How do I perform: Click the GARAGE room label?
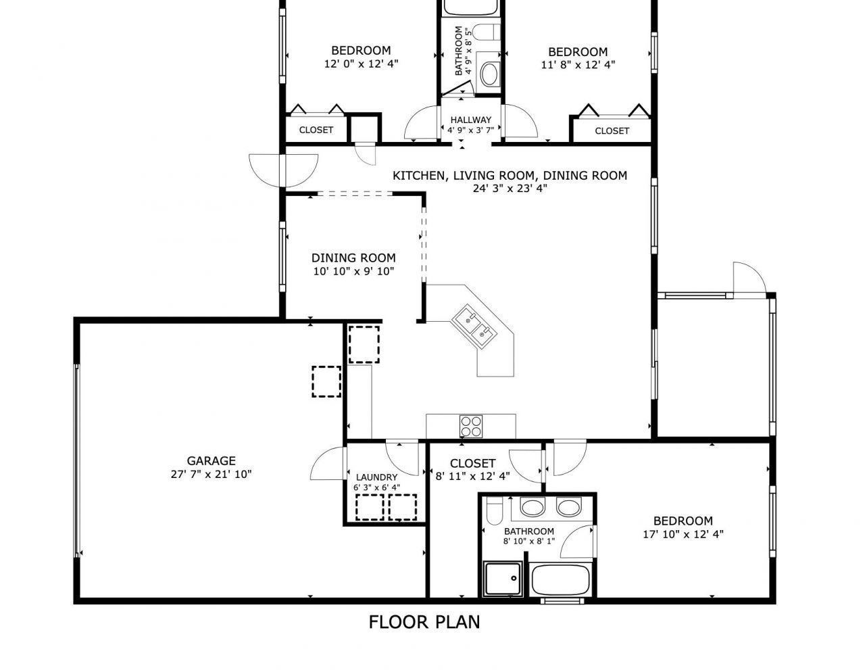point(212,461)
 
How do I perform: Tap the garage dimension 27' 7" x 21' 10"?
point(212,474)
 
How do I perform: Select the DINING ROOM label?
point(353,258)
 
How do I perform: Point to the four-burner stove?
point(471,425)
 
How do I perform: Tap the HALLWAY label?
point(470,120)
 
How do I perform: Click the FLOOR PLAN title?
point(424,621)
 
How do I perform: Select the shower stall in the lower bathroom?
point(503,579)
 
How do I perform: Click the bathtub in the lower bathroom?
point(561,581)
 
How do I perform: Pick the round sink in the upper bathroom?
point(489,74)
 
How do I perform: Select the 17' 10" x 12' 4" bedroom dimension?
point(683,534)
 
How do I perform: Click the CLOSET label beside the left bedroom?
point(316,130)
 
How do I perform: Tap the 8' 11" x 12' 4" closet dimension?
point(472,476)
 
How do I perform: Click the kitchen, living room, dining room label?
point(510,176)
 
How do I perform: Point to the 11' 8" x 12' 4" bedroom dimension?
point(578,65)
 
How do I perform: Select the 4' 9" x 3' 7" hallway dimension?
point(470,130)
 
